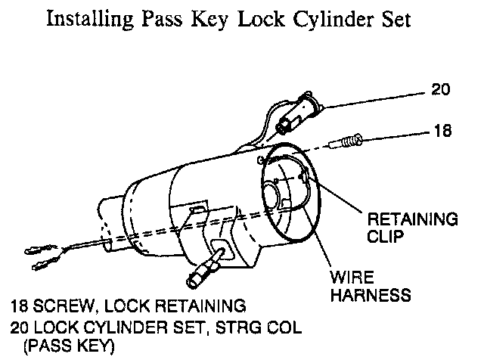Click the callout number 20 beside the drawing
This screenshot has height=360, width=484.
[441, 90]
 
